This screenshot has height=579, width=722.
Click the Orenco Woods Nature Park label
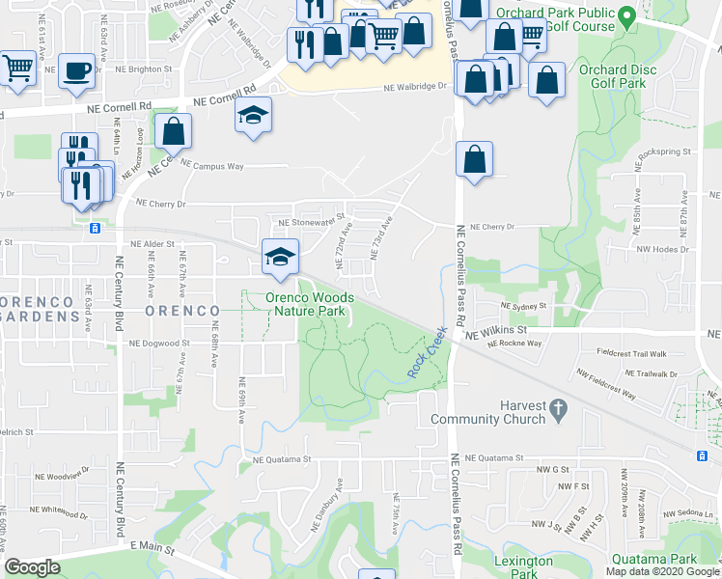pyautogui.click(x=310, y=305)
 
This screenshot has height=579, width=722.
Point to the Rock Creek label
pyautogui.click(x=430, y=354)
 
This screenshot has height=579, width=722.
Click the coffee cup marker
pyautogui.click(x=76, y=70)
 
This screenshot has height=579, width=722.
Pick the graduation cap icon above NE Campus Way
pyautogui.click(x=254, y=116)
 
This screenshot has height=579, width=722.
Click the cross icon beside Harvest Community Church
pyautogui.click(x=558, y=412)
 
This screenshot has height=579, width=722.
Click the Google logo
pyautogui.click(x=32, y=567)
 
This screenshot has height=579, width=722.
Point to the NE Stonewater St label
pyautogui.click(x=311, y=222)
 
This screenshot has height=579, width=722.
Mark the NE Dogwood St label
pyautogui.click(x=160, y=344)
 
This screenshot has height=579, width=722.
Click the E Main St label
pyautogui.click(x=152, y=548)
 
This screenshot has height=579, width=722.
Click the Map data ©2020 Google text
pyautogui.click(x=662, y=571)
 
